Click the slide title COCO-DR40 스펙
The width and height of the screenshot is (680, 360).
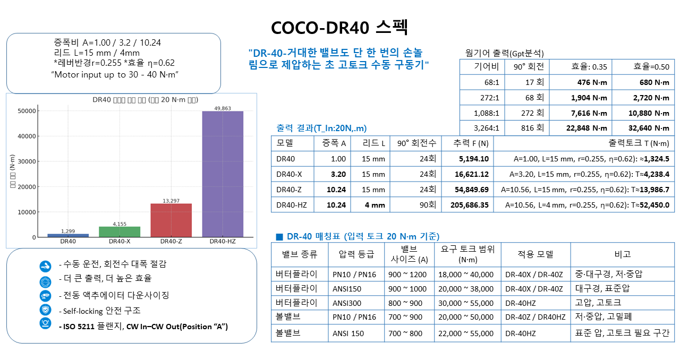339,28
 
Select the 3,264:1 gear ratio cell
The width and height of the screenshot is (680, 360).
482,128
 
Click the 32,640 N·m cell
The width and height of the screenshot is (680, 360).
643,128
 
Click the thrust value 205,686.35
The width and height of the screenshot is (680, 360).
467,204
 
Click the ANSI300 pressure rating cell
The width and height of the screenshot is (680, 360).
346,303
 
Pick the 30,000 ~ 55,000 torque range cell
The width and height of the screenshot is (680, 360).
466,303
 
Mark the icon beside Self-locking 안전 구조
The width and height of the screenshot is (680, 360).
45,310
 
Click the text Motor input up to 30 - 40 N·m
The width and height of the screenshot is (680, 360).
114,74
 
